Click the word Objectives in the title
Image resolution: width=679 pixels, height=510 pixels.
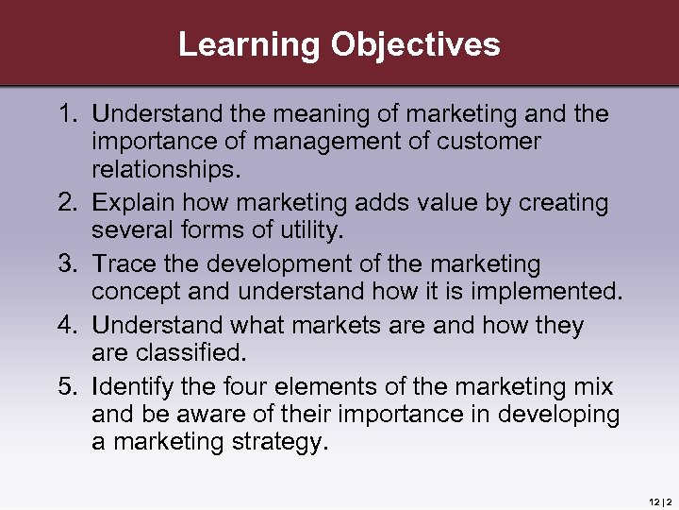pos(414,44)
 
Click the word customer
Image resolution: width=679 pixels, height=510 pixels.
pos(490,143)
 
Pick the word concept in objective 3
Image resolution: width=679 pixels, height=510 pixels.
pos(133,292)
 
